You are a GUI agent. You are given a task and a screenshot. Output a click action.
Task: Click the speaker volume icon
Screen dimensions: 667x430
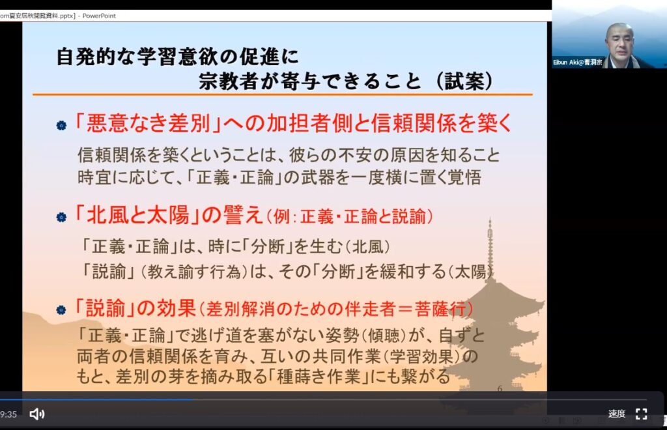coord(37,414)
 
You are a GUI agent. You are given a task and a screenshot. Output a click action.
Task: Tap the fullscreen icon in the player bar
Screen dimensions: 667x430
coord(642,414)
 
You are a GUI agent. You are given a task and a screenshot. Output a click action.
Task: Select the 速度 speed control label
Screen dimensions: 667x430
coord(617,414)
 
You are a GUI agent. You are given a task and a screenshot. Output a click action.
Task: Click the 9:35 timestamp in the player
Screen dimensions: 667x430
coord(8,414)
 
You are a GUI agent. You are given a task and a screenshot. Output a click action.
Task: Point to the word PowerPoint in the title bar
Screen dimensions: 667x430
coord(99,16)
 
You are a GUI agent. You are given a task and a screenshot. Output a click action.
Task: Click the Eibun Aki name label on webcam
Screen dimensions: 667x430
coord(578,62)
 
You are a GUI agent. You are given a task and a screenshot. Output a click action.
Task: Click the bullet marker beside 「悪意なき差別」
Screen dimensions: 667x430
coord(61,126)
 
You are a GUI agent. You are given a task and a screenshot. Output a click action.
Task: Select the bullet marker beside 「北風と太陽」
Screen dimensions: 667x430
coord(61,218)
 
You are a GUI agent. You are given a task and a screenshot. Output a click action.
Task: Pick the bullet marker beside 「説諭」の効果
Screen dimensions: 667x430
coord(61,309)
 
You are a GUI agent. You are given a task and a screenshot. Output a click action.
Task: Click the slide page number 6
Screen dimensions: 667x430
coord(500,389)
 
